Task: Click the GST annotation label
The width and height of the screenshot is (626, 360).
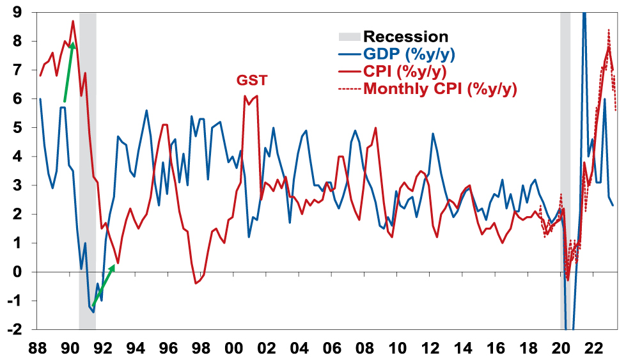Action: [252, 81]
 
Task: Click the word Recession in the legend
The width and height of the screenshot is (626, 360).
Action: [405, 36]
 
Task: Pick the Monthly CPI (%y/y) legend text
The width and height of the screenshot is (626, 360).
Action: [440, 89]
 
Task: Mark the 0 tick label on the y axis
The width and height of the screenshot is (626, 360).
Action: [14, 272]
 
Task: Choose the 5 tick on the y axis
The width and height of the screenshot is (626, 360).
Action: [14, 128]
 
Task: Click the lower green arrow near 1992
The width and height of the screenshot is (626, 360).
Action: [104, 285]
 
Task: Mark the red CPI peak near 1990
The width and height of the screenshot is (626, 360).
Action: [72, 22]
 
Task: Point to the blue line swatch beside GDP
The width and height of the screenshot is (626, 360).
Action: [348, 54]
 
